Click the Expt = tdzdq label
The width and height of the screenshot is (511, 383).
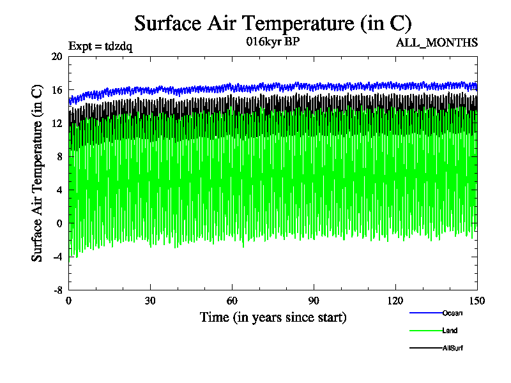tap(100, 46)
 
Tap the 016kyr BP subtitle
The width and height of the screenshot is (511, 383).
tap(273, 42)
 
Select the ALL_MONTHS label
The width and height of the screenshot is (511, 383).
tap(437, 43)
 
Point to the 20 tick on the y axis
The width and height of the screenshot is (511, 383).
tap(56, 57)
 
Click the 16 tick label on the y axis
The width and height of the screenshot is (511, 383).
tap(56, 90)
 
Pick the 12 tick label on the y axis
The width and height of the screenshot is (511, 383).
tap(56, 123)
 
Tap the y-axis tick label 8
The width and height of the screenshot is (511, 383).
tap(59, 156)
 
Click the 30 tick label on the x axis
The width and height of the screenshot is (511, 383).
tap(151, 301)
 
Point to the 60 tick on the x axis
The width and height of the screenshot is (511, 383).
tap(233, 301)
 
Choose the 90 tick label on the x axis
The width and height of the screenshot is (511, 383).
tap(314, 301)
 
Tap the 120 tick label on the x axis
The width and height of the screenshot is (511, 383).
tap(395, 301)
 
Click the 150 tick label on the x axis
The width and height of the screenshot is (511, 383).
tap(477, 301)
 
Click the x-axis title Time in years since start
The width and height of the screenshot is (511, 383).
tap(273, 317)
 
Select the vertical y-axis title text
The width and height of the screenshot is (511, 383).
tap(38, 173)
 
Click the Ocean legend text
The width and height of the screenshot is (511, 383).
tap(452, 313)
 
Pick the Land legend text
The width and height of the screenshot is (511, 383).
tap(450, 331)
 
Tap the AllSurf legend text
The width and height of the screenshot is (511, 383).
tap(453, 349)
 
